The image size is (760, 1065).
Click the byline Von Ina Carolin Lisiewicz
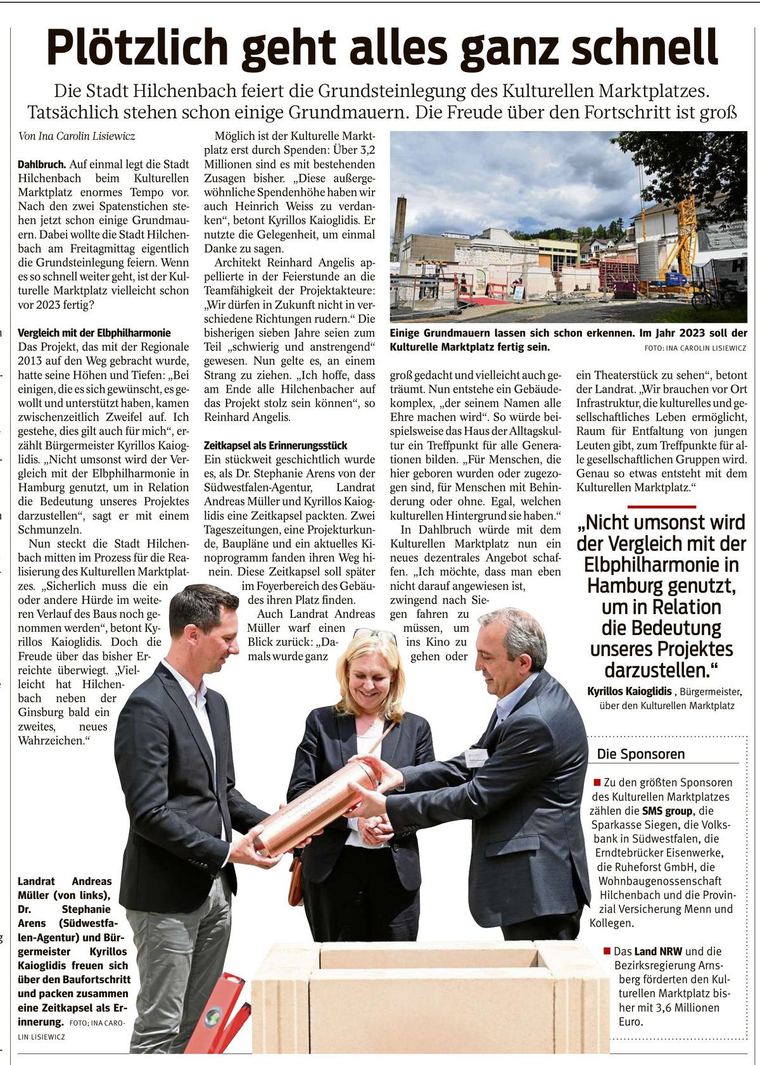[77, 136]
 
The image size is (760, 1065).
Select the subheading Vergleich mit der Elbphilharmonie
[94, 332]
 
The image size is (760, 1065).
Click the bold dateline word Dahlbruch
[42, 165]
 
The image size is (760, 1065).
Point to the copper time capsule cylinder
[317, 807]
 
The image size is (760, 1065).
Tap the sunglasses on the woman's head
[374, 634]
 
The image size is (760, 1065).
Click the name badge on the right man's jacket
[476, 756]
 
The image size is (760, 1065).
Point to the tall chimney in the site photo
[399, 228]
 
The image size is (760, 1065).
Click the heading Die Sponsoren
[641, 754]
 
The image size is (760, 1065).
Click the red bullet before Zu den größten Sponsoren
[597, 783]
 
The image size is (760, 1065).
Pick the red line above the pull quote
[661, 507]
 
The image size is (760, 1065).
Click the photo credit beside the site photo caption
[695, 348]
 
